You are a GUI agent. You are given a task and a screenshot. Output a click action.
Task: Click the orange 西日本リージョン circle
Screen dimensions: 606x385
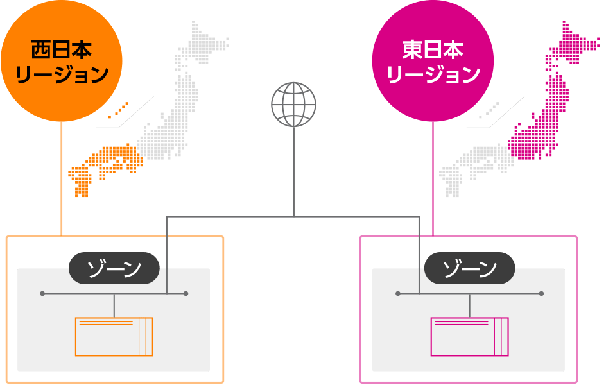62,60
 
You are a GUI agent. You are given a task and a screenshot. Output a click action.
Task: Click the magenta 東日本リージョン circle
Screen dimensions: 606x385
433,60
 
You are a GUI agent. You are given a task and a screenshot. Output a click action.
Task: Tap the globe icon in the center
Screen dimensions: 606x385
294,104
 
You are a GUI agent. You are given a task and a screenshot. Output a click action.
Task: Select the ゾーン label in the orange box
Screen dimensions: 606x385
114,268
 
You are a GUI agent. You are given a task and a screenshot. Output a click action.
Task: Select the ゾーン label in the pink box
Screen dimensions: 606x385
469,268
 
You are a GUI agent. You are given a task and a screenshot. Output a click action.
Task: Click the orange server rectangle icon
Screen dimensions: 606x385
114,337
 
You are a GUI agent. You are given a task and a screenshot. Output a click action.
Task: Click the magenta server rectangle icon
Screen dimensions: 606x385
469,337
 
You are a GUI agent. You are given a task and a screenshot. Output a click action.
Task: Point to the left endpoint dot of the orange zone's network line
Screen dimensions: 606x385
42,294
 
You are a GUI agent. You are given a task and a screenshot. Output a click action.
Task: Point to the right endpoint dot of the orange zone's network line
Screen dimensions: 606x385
186,294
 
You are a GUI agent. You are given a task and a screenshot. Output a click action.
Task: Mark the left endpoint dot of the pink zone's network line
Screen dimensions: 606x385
398,294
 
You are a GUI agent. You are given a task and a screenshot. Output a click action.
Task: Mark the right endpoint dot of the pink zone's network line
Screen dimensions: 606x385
541,294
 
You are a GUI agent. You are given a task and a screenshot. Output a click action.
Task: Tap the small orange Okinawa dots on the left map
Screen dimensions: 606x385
118,110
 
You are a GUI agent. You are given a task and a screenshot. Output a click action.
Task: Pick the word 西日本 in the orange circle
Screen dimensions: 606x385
62,50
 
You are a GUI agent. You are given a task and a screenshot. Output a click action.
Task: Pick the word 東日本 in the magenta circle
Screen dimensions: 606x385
433,50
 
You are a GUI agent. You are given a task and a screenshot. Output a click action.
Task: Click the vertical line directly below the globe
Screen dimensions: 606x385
294,172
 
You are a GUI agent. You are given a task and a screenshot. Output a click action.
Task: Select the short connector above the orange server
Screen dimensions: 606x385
114,306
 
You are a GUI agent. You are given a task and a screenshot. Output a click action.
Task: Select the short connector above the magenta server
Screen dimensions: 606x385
469,306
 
